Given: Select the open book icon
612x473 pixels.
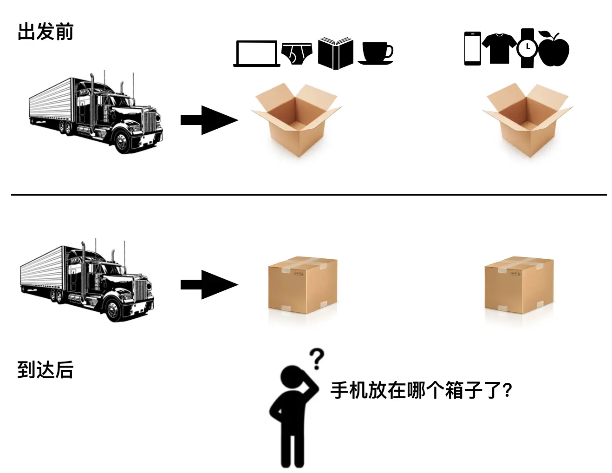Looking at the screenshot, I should (335, 53).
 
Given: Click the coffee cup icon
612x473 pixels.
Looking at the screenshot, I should (376, 53).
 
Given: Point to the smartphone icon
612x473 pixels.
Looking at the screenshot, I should (473, 48).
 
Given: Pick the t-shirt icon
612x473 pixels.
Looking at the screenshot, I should (499, 47).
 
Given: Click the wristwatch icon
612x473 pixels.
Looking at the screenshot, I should (527, 48).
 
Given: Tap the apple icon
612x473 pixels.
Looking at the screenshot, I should (554, 49).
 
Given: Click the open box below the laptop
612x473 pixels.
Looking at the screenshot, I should (296, 120).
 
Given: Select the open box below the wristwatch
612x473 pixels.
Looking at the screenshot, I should (527, 120).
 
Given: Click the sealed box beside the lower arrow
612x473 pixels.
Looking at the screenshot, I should (303, 284).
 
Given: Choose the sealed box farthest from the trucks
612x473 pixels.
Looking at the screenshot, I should (519, 284).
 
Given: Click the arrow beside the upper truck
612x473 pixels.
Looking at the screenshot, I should (209, 120).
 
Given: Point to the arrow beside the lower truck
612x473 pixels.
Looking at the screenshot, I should (209, 285).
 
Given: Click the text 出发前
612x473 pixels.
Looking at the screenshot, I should (46, 32).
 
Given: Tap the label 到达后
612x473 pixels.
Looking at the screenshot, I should (46, 370).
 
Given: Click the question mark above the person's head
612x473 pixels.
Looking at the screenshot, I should (317, 359).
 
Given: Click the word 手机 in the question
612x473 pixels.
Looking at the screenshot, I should (349, 390).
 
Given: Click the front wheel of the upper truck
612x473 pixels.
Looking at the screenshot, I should (123, 141).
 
